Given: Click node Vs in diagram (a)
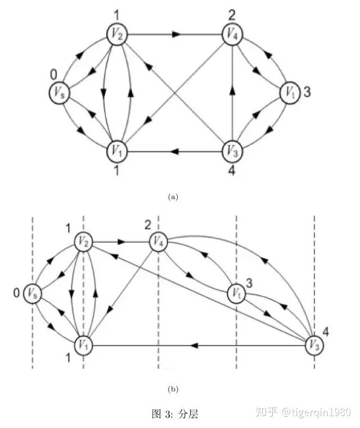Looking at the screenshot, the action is click(60, 93).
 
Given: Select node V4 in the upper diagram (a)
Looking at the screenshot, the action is click(233, 35).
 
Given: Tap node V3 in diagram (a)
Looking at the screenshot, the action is click(233, 151).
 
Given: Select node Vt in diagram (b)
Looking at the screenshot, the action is click(237, 293).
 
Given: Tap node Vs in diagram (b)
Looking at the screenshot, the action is click(33, 293).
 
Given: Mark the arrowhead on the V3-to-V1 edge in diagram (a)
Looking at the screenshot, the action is click(175, 151).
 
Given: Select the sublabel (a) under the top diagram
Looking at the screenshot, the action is click(173, 197).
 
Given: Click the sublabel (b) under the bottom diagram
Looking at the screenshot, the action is click(173, 389).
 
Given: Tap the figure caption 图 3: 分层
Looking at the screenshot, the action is click(175, 414).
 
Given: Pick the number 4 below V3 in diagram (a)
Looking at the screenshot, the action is click(232, 170).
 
